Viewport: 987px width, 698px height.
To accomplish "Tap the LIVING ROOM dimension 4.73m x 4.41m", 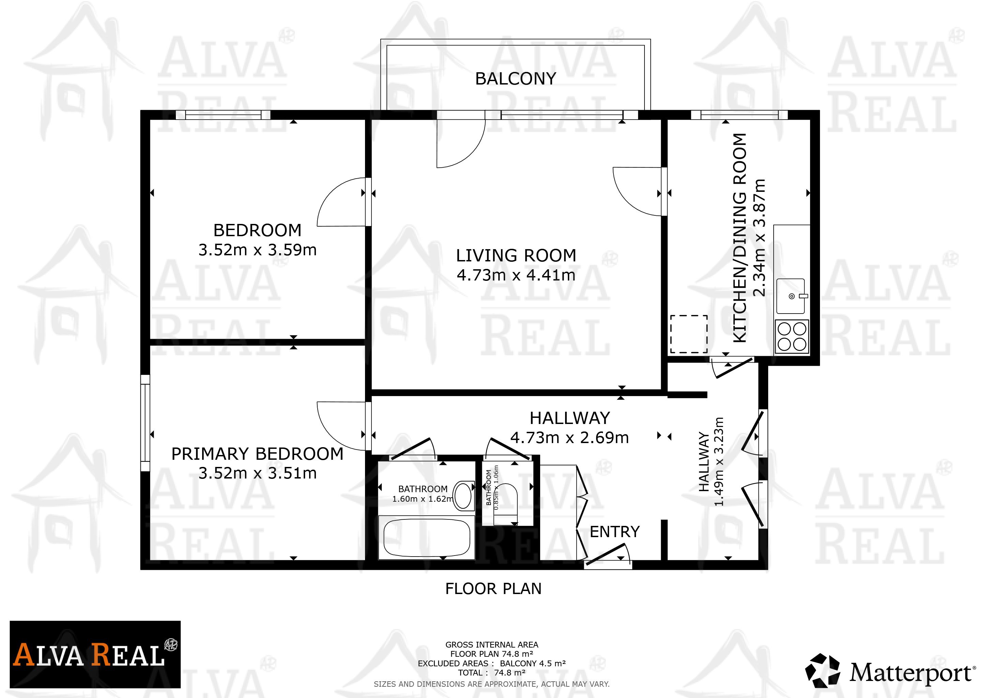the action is (x=516, y=275).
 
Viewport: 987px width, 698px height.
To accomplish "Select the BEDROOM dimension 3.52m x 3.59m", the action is (x=258, y=250).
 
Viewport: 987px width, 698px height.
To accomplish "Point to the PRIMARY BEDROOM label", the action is (x=258, y=454).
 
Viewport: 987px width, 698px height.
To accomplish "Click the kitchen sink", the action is (x=791, y=296).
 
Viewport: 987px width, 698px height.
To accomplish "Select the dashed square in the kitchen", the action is (x=689, y=334).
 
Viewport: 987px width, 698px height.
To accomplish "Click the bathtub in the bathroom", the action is (x=426, y=538).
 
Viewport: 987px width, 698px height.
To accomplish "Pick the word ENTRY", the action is (x=615, y=532).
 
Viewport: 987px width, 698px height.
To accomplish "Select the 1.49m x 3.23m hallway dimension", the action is (x=719, y=461).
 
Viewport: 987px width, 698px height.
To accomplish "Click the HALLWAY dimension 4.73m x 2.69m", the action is (x=570, y=438).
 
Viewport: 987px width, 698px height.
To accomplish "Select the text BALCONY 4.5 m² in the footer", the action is (x=533, y=663).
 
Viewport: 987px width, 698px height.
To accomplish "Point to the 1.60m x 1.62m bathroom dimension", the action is (x=423, y=499).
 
